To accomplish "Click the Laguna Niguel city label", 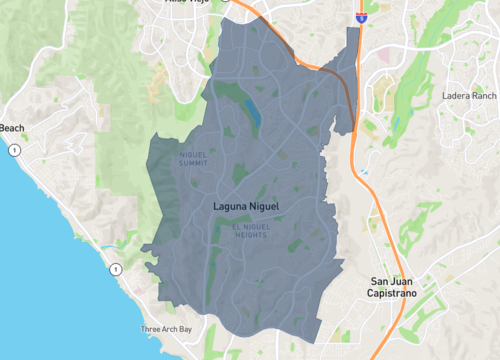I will coord(246,207).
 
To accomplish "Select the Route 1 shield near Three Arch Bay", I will coord(116,269).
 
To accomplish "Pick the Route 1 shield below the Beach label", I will coord(16,150).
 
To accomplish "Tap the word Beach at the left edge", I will coord(11,128).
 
